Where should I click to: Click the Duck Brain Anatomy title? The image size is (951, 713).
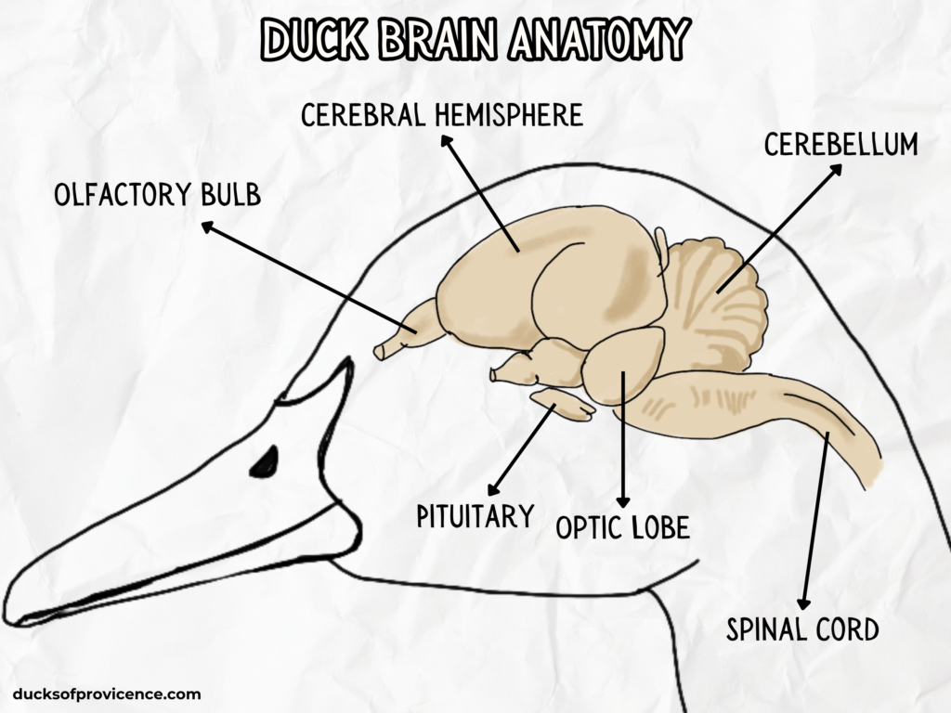[x=475, y=39]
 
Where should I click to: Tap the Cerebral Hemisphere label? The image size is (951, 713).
[x=442, y=115]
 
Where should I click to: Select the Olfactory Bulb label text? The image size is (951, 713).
[x=157, y=195]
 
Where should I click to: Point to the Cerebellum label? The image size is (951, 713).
[x=840, y=145]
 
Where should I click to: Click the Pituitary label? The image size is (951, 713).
[x=475, y=516]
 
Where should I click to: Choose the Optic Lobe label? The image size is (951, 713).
[x=622, y=527]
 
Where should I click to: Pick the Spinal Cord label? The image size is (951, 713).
[x=801, y=629]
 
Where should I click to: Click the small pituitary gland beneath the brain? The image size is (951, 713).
[x=563, y=404]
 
